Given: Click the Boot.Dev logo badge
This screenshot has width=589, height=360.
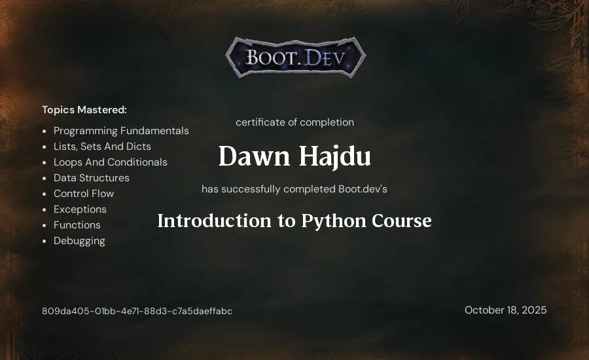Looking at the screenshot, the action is pyautogui.click(x=296, y=58).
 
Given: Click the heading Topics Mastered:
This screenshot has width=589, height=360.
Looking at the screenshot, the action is pyautogui.click(x=84, y=110).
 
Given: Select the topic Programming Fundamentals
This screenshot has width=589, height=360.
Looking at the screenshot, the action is pyautogui.click(x=121, y=131).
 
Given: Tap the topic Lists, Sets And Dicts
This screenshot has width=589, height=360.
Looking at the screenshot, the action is pyautogui.click(x=102, y=146).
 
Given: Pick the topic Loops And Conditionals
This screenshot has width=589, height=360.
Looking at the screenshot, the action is pyautogui.click(x=111, y=162).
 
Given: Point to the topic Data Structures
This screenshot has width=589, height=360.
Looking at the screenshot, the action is pyautogui.click(x=91, y=178).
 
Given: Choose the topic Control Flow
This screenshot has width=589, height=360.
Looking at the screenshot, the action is pyautogui.click(x=84, y=194).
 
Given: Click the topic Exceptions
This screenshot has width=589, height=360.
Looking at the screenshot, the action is pyautogui.click(x=80, y=209).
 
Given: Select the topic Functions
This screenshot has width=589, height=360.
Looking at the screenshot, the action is pyautogui.click(x=77, y=225).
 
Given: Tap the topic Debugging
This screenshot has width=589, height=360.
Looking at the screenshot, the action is pyautogui.click(x=79, y=241).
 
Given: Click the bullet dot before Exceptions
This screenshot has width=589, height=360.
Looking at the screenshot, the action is pyautogui.click(x=45, y=209).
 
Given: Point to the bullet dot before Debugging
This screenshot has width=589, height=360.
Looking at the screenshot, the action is pyautogui.click(x=45, y=242).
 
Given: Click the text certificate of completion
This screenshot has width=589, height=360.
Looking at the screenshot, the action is pyautogui.click(x=295, y=122).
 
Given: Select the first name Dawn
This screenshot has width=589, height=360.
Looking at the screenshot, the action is pyautogui.click(x=254, y=156).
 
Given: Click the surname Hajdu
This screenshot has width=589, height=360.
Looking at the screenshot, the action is pyautogui.click(x=335, y=156).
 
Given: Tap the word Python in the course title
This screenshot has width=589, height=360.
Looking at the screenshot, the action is pyautogui.click(x=334, y=221).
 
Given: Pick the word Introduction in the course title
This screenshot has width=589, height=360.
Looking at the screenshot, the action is pyautogui.click(x=215, y=221).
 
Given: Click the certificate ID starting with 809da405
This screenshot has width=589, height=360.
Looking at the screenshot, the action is pyautogui.click(x=137, y=311).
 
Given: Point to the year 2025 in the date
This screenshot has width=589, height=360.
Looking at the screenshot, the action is pyautogui.click(x=534, y=310).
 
